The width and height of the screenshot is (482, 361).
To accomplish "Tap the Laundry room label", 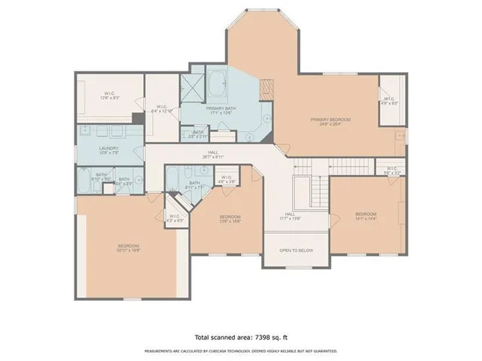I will tap(109, 150).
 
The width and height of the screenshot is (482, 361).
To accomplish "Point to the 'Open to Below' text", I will tap(296, 250).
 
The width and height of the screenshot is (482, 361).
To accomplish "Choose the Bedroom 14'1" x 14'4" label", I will tap(365, 216).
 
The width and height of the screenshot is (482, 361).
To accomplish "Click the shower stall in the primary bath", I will tap(195, 83).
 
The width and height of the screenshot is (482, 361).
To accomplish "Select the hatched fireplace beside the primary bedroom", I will tap(265, 89).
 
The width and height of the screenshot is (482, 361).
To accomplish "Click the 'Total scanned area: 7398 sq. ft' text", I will tap(240, 338).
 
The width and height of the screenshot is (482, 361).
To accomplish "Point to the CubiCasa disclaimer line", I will tap(240, 351).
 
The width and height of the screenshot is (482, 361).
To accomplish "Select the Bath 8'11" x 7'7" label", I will tap(194, 185).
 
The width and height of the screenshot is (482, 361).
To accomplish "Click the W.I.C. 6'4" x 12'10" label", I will tap(162, 109).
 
